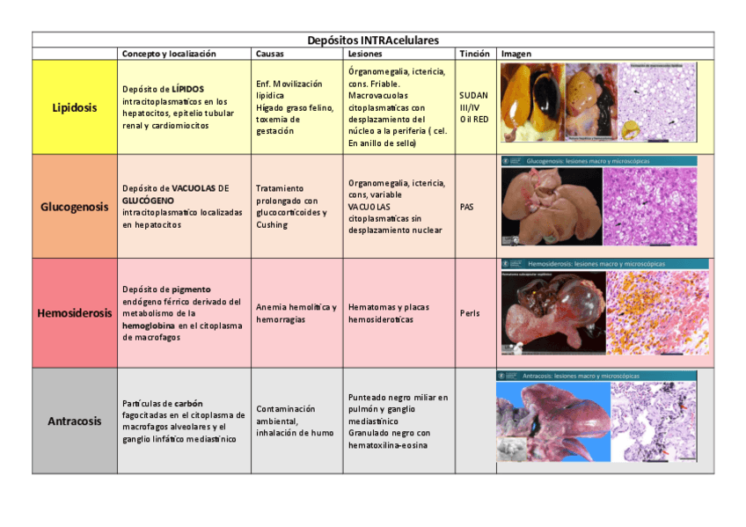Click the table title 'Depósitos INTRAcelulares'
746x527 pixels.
tap(373, 40)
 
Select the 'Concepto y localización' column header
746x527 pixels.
tap(168, 54)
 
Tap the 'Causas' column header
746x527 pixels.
tap(269, 54)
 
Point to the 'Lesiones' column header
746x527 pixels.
tap(365, 54)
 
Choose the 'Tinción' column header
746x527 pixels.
tap(474, 54)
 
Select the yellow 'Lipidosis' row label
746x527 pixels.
tap(75, 107)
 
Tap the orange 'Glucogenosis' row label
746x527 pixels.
tap(75, 207)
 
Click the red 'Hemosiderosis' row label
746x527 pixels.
tap(75, 313)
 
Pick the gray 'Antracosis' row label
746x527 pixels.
tap(75, 421)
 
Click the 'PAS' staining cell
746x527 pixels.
tap(466, 207)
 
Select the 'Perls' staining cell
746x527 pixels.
tap(470, 313)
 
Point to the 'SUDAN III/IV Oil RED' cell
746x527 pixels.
tap(473, 107)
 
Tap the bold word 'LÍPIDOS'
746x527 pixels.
tap(187, 90)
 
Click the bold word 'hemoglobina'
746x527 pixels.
tap(149, 326)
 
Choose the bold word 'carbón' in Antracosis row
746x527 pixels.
tap(189, 403)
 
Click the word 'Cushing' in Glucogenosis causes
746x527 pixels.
tap(272, 224)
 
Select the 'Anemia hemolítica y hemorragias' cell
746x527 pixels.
tap(296, 313)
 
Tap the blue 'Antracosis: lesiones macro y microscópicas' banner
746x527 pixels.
tap(581, 376)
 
